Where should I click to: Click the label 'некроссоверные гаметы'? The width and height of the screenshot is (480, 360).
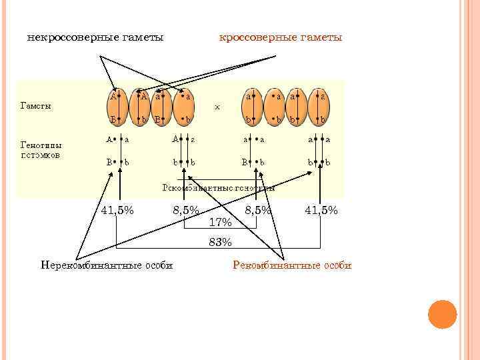tap(95, 37)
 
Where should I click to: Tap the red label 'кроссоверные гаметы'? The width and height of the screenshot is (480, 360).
tap(281, 37)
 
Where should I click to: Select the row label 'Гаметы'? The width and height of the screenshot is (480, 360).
tap(37, 105)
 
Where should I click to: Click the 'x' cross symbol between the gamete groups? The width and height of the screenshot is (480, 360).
tap(217, 106)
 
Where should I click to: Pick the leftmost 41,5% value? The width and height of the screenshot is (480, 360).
tap(117, 210)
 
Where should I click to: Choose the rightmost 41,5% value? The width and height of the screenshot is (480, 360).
tap(321, 210)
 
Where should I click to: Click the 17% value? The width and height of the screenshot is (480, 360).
tap(220, 221)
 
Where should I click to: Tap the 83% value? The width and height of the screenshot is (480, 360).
tap(220, 241)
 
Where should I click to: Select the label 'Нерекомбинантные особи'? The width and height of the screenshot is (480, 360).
tap(107, 265)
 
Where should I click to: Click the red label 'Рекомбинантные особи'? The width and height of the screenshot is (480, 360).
tap(292, 265)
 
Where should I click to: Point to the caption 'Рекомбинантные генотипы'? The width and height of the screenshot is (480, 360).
tap(219, 187)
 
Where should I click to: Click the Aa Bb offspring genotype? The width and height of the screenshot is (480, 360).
tap(118, 151)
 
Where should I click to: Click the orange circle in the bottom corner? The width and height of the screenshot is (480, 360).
tap(441, 314)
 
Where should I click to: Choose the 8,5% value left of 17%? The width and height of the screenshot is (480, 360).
tap(185, 210)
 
